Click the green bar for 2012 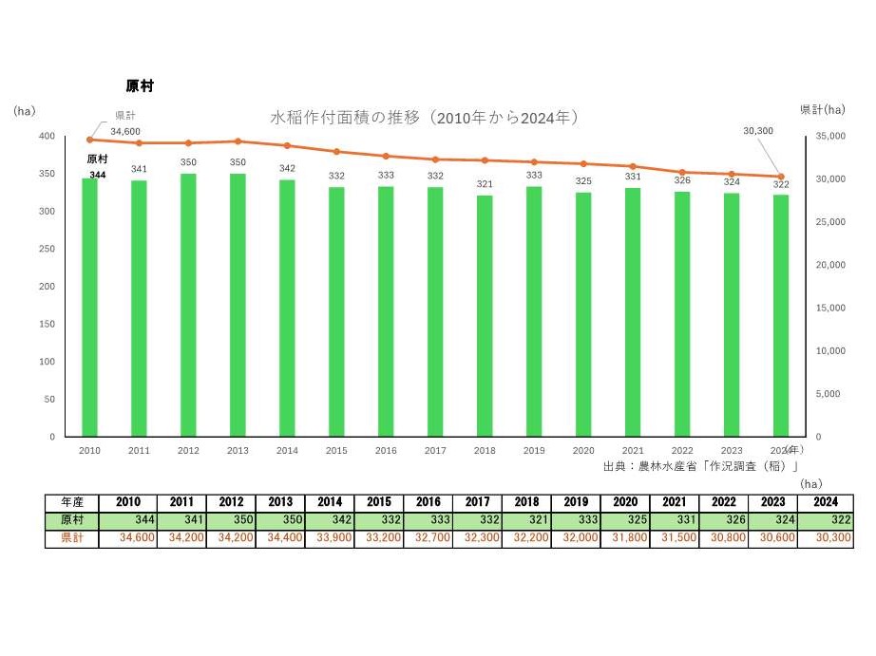(188, 305)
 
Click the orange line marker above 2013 (238, 141)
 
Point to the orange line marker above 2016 (386, 156)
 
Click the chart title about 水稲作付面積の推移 (424, 118)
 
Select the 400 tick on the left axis (47, 137)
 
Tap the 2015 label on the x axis (336, 451)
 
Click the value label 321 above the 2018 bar (485, 184)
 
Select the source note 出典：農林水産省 (700, 466)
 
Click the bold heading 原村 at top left (140, 86)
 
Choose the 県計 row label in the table (72, 538)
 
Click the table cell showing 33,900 (329, 538)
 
